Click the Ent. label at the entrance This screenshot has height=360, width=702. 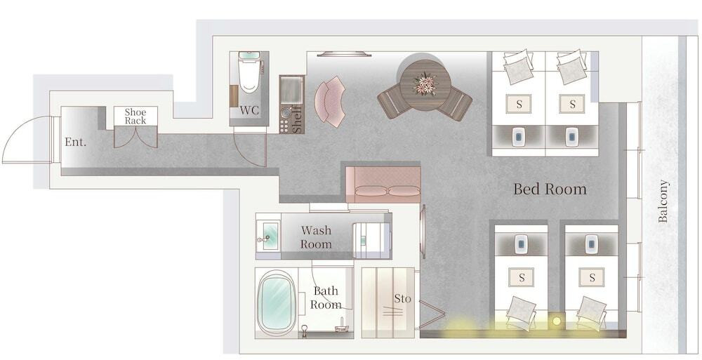click(x=75, y=142)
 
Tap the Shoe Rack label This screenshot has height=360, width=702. click(x=135, y=116)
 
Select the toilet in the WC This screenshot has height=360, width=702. click(x=249, y=72)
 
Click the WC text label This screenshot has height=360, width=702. click(x=249, y=110)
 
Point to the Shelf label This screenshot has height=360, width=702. click(x=297, y=119)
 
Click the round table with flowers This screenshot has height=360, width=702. click(x=425, y=85)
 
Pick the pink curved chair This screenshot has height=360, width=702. click(x=331, y=101)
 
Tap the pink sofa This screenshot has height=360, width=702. click(x=383, y=185)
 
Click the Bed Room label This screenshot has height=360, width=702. click(x=550, y=189)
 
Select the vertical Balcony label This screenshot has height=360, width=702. click(x=663, y=201)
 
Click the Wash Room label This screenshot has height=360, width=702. click(x=316, y=237)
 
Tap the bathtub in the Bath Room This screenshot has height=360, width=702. click(x=276, y=302)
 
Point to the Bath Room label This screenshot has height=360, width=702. click(x=326, y=298)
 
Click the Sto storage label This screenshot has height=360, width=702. click(x=402, y=299)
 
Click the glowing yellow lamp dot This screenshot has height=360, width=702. click(x=557, y=321)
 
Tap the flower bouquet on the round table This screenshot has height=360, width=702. click(x=425, y=84)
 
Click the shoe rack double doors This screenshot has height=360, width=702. click(x=135, y=137)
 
